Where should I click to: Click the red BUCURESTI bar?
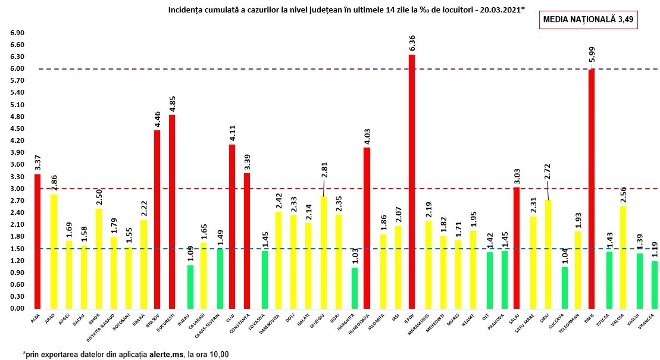coord(172,211)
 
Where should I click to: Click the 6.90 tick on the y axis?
coord(17,33)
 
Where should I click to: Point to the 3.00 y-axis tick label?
coord(17,189)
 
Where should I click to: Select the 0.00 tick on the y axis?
coord(17,309)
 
